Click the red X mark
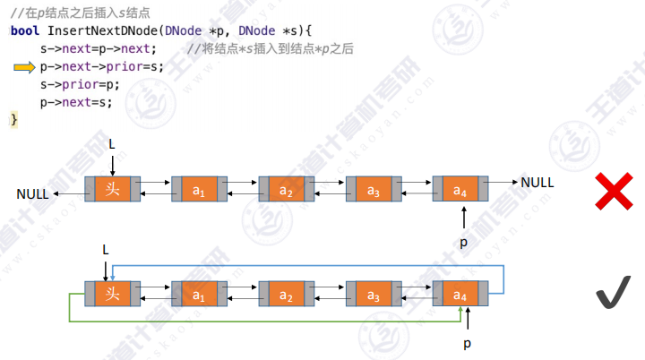point(615,192)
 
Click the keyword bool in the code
point(24,30)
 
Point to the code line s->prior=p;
point(80,84)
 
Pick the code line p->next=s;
point(76,102)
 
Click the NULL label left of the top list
point(33,194)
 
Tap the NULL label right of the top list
point(537,182)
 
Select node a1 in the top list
point(199,190)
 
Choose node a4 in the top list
point(460,190)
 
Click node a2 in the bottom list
point(286,294)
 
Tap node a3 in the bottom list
point(374,294)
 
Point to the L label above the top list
point(112,143)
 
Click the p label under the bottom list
point(465,344)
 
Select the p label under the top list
point(463,242)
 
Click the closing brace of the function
point(13,119)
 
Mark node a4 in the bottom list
point(460,294)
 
